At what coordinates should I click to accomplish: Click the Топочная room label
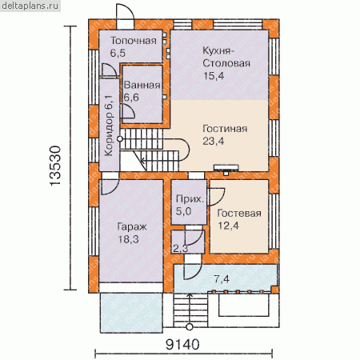(x=134, y=41)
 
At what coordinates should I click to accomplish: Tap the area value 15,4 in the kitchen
(x=214, y=76)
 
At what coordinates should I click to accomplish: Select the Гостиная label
(x=225, y=129)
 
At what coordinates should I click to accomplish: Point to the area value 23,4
(x=214, y=141)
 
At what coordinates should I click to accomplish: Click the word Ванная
(x=142, y=85)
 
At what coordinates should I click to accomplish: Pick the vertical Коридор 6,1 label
(x=109, y=126)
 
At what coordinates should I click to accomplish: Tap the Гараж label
(x=132, y=227)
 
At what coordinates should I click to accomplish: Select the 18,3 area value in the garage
(x=128, y=239)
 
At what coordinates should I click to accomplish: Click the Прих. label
(x=190, y=199)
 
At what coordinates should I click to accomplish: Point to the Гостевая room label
(x=239, y=214)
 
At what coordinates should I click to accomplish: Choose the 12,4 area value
(x=229, y=226)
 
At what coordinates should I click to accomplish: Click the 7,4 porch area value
(x=222, y=279)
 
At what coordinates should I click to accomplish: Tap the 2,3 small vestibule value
(x=181, y=249)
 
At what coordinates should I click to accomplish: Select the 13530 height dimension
(x=55, y=166)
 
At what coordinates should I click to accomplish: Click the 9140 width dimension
(x=182, y=345)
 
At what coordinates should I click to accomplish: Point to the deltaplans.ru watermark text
(x=30, y=6)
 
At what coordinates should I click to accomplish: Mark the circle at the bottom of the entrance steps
(x=190, y=327)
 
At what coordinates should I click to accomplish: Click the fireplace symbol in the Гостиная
(x=226, y=170)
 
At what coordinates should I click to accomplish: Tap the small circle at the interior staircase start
(x=120, y=139)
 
